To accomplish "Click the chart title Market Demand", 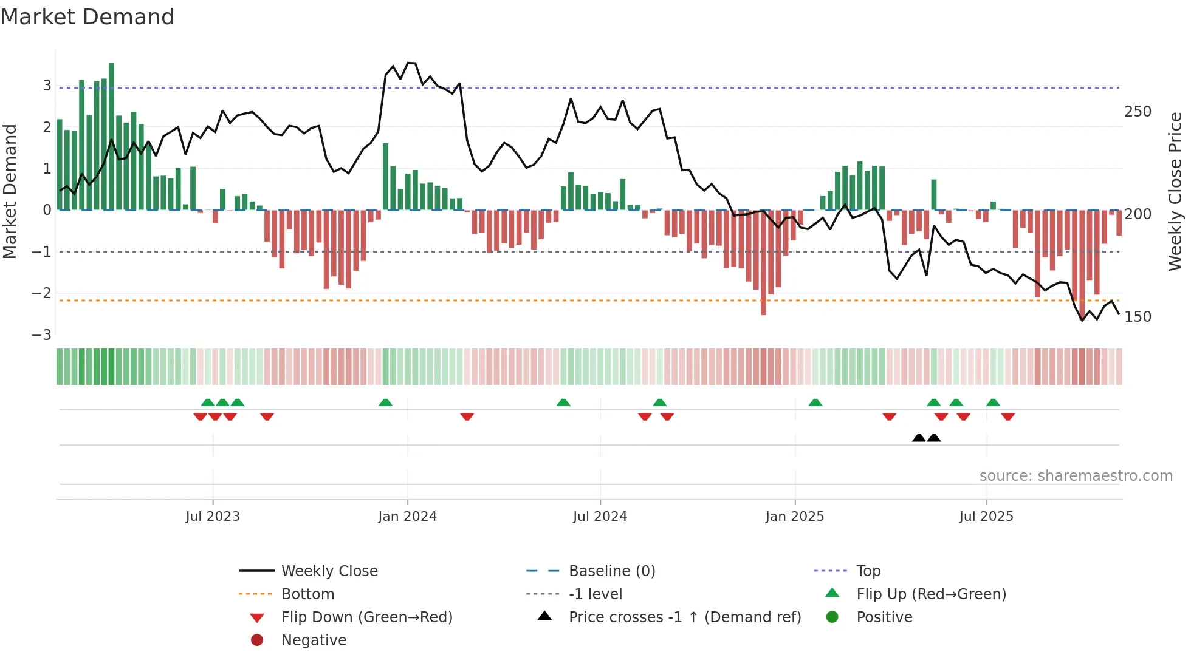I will coord(88,17).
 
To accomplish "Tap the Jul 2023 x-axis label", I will coord(213,517).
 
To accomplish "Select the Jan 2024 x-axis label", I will coord(407,517).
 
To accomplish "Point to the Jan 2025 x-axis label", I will coord(795,517).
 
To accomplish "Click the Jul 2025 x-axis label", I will coord(986,517).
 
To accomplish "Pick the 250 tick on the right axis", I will coord(1138,112).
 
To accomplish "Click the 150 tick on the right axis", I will coord(1138,317).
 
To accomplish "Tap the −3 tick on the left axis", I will coord(41,335).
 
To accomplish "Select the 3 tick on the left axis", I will coord(47,86).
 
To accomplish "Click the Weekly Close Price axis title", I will coord(1175,191).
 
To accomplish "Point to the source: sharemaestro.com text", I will coord(1076,476).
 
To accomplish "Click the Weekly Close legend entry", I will coord(329,571).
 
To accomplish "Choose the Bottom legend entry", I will coord(307,594).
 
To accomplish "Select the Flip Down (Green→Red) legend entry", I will coord(366,617).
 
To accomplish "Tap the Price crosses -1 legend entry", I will coord(684,617).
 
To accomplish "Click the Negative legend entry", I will coord(314,640).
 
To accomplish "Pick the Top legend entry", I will coord(868,571).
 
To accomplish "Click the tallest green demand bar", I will coord(111,137).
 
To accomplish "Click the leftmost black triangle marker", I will coord(919,438).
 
